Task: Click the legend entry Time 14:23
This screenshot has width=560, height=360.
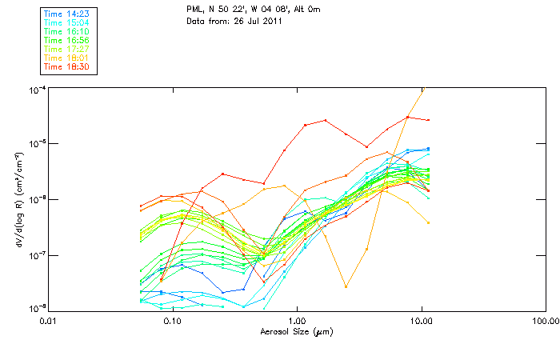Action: coord(67,14)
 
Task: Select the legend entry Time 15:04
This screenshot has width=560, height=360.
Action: coord(67,22)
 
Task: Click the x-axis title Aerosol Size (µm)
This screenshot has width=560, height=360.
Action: coord(297,330)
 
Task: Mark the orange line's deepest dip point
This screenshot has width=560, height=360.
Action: coord(346,286)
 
